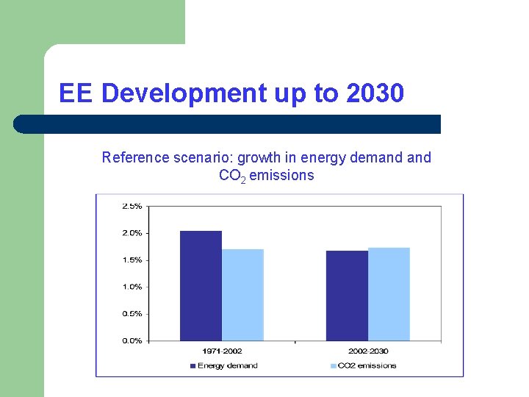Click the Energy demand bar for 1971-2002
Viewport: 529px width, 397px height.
201,286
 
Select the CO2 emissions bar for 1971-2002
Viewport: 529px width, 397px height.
242,295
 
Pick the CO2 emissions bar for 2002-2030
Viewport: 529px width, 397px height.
389,294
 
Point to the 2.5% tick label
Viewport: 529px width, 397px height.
132,206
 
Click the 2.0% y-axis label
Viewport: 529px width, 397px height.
132,233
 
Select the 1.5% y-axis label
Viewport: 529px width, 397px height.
132,260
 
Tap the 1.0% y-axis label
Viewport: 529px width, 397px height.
132,287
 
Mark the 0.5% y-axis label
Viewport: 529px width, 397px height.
132,313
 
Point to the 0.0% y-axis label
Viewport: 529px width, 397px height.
132,340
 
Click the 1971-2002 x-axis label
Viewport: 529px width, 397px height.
221,351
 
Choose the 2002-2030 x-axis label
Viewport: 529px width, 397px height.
368,351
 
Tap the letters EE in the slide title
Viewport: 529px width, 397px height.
76,93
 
